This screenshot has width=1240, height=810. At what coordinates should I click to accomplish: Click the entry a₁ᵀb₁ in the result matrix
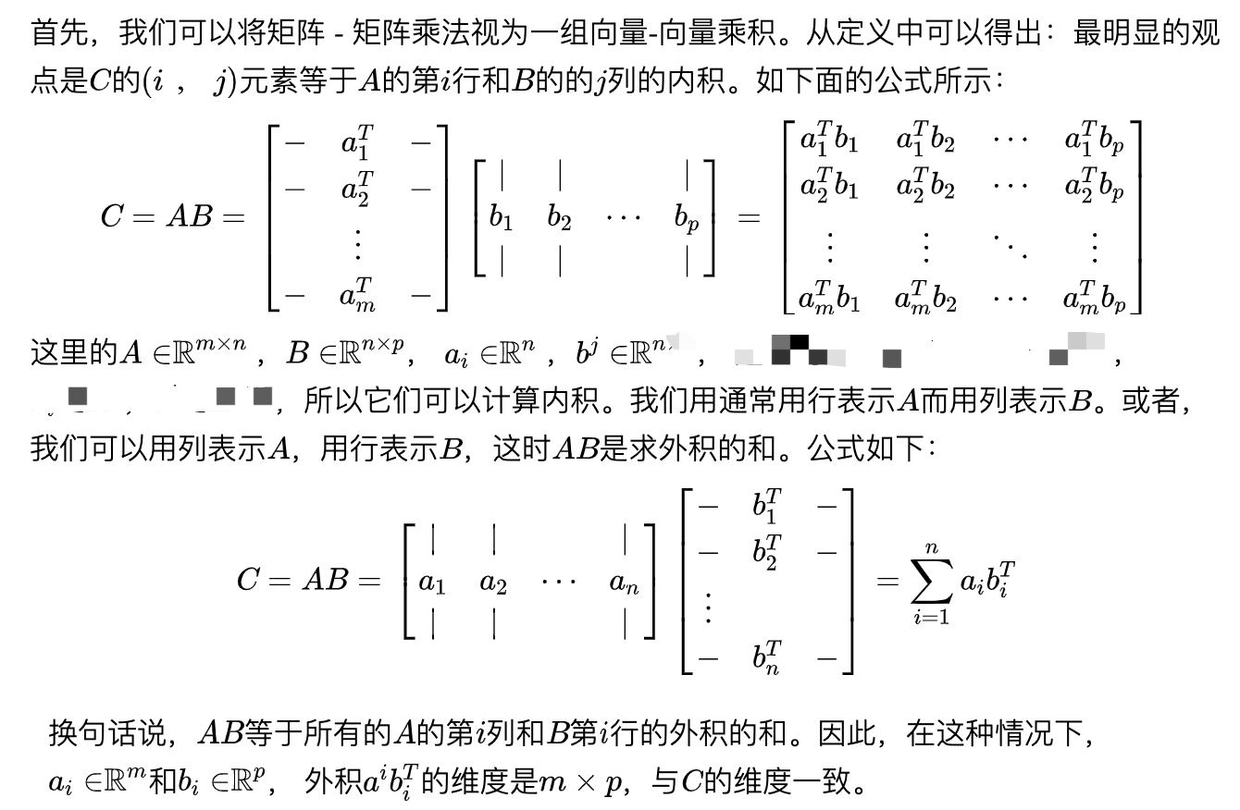pos(828,141)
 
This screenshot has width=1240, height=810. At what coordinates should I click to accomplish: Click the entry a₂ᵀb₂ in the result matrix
pos(924,189)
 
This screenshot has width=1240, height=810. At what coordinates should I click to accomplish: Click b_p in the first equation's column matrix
pos(687,219)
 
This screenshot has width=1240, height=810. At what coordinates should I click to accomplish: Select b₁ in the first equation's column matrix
pos(501,219)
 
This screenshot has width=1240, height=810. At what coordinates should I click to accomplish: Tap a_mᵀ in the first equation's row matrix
pos(357,296)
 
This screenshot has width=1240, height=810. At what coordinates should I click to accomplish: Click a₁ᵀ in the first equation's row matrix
pos(357,143)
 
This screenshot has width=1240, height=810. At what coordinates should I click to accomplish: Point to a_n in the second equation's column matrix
pos(625,583)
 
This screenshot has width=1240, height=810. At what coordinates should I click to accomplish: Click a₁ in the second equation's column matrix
pos(432,583)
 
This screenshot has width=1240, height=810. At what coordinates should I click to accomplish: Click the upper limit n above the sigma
pos(932,549)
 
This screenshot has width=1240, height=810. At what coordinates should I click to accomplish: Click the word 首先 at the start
pos(55,34)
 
